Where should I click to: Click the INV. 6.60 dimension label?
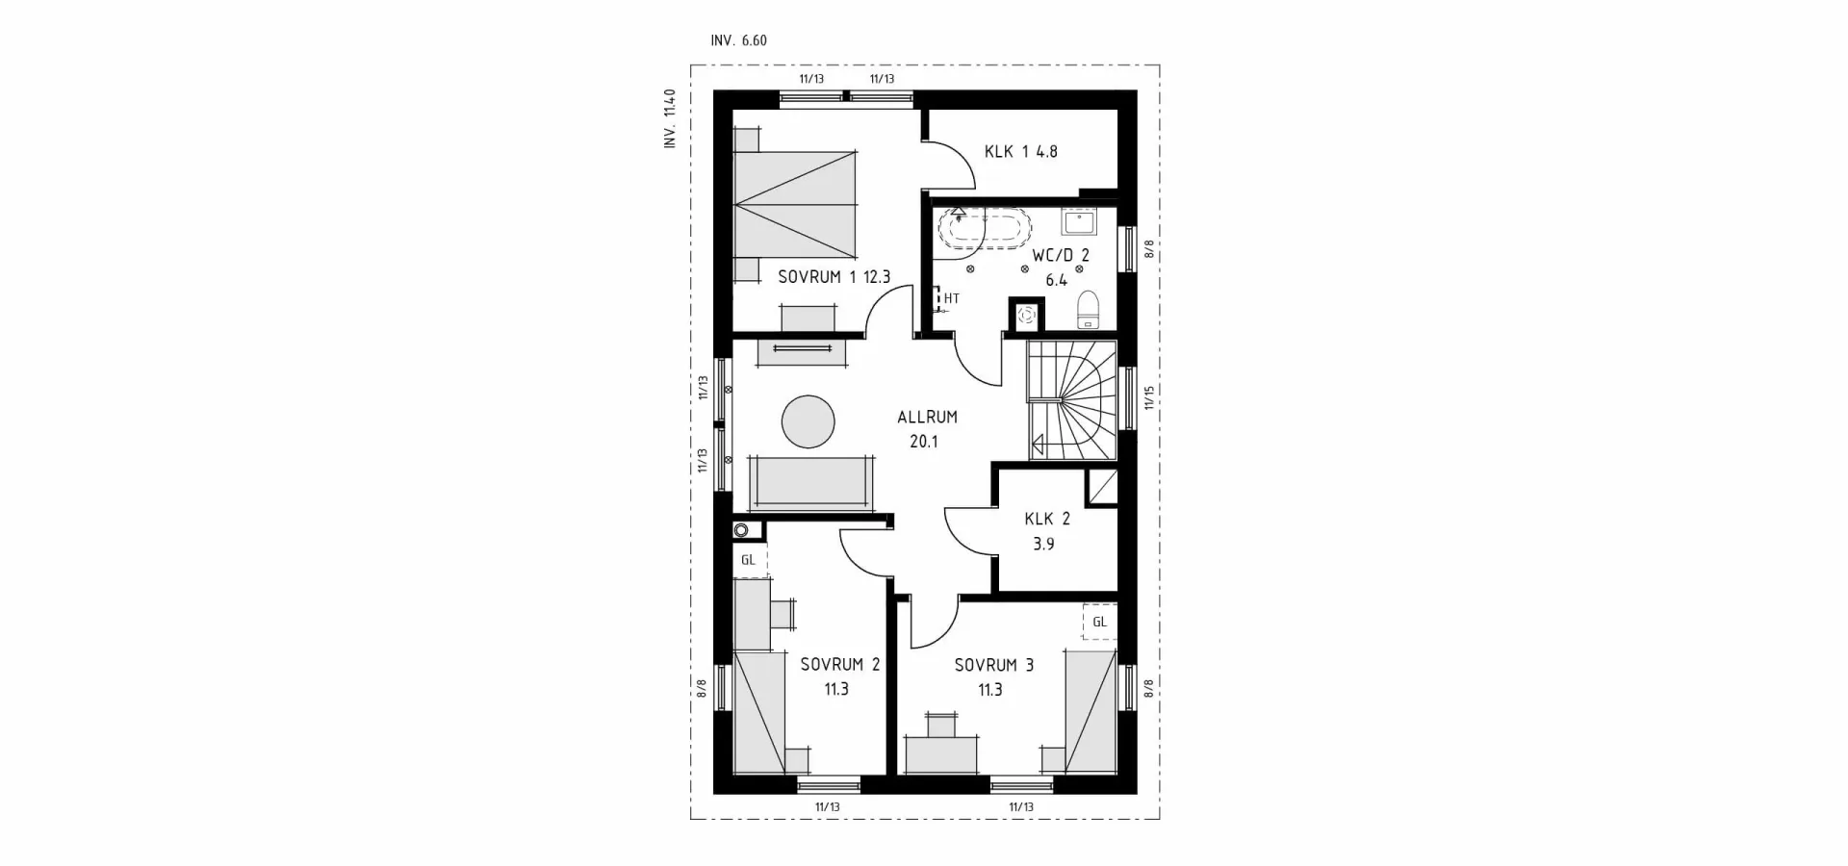(738, 40)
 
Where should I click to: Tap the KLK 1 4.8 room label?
(1020, 151)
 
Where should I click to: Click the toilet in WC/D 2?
(1088, 309)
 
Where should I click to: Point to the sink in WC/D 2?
(1078, 223)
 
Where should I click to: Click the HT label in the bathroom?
(951, 298)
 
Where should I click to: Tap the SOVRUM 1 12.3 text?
(834, 277)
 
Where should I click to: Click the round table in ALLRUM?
(808, 421)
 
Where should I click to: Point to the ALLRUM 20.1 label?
(927, 429)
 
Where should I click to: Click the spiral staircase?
(1071, 400)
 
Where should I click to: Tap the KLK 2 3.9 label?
(1046, 531)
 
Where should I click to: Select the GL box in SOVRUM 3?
(1099, 622)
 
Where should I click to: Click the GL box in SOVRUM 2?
(748, 560)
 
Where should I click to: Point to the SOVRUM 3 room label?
(993, 676)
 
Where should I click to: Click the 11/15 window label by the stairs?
(1148, 397)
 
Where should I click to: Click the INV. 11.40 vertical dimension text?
(671, 118)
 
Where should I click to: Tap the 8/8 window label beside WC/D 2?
(1148, 250)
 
